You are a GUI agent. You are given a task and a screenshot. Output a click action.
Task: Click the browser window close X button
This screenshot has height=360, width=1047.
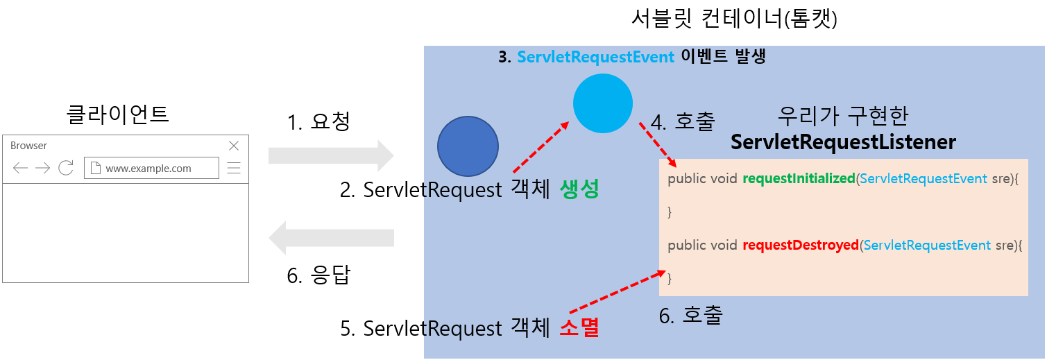(234, 146)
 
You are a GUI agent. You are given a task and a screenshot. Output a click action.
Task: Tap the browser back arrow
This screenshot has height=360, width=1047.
(20, 168)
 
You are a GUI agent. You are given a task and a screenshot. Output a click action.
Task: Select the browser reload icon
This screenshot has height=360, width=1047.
(66, 168)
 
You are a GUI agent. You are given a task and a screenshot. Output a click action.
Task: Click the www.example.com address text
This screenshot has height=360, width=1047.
(148, 169)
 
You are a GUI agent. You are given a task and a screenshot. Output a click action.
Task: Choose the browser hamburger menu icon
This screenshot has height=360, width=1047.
(234, 168)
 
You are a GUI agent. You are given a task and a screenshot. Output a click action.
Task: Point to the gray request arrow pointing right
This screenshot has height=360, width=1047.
(331, 155)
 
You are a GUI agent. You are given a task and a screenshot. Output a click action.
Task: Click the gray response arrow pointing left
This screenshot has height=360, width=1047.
(331, 238)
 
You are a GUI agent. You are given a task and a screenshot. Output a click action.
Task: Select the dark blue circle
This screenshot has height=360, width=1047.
(468, 146)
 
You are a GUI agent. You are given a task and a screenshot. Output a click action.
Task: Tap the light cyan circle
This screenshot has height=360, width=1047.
(603, 103)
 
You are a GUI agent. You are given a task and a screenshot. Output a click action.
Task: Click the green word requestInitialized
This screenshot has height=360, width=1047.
(799, 178)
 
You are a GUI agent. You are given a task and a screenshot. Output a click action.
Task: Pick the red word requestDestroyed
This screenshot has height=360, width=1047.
(801, 245)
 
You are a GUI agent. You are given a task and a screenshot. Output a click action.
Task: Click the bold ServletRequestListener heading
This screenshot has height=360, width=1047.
(843, 142)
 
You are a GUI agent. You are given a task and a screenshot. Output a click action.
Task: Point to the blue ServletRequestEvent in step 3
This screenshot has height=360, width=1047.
(595, 57)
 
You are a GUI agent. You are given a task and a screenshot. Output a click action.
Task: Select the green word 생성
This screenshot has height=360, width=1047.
(579, 189)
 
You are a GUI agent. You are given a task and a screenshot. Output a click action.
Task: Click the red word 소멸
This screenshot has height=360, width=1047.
(579, 327)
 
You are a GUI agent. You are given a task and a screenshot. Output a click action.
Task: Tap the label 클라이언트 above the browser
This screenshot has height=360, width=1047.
(117, 114)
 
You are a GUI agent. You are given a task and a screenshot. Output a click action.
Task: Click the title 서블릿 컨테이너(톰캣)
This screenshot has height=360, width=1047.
(734, 19)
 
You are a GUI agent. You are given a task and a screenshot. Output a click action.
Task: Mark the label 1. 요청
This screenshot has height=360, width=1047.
(318, 122)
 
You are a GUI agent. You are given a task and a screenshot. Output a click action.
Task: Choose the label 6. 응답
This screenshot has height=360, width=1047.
(318, 275)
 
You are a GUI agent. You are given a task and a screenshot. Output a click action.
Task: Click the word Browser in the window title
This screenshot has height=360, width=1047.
(28, 146)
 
